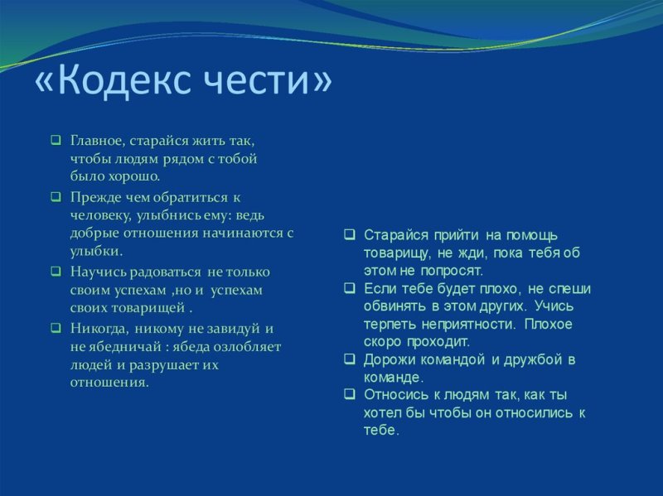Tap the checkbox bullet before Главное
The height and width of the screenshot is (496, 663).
55,140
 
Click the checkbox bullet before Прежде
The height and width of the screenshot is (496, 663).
55,196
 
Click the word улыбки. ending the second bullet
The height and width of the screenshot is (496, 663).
96,251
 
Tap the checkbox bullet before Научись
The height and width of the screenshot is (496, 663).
55,271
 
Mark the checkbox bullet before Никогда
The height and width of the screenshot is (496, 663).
55,327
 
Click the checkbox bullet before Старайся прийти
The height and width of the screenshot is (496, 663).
350,234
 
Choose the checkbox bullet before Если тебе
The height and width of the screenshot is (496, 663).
350,288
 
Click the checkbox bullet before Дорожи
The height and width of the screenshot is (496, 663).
350,359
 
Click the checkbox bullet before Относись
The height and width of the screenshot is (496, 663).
350,395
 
